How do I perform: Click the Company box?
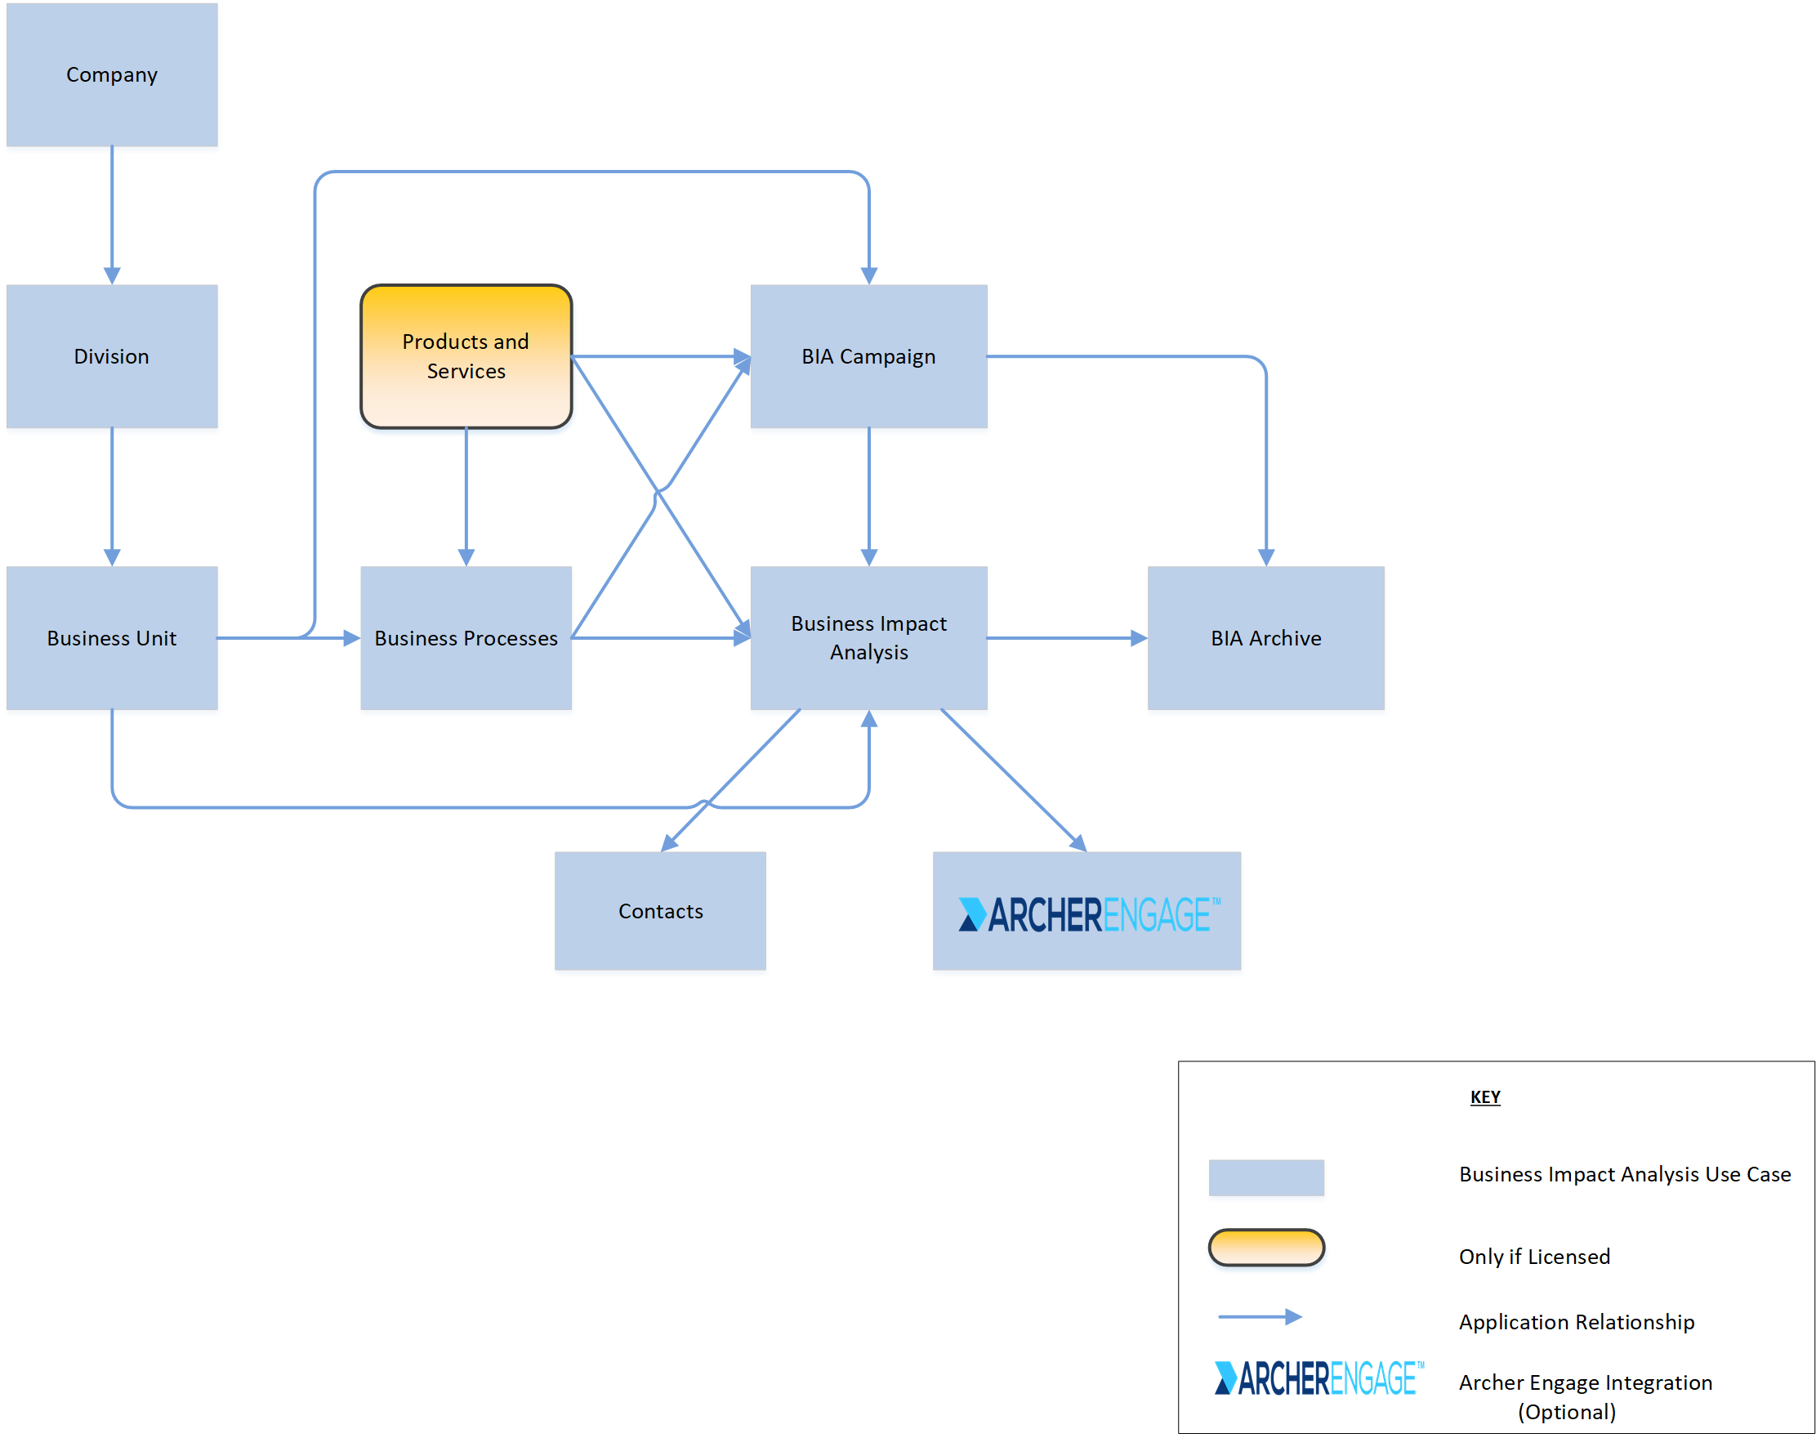pos(112,75)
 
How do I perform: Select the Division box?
pos(112,356)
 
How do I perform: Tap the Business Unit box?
pos(112,637)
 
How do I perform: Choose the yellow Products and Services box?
pos(466,356)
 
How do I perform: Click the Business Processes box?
pos(466,637)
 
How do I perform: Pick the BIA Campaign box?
pos(868,356)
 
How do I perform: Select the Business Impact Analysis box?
pos(868,637)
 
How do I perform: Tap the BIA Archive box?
pos(1265,637)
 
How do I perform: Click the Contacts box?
pos(660,910)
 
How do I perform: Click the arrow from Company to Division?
pos(112,215)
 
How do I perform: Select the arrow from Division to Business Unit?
pos(112,497)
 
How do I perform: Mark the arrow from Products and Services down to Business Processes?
pos(466,497)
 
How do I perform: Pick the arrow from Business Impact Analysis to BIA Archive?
pos(1066,637)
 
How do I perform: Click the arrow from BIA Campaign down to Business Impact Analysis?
pos(868,497)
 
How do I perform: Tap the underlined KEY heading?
pos(1484,1096)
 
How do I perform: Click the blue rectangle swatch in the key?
pos(1265,1177)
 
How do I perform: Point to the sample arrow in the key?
pos(1259,1316)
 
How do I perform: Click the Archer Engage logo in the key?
pos(1318,1378)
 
